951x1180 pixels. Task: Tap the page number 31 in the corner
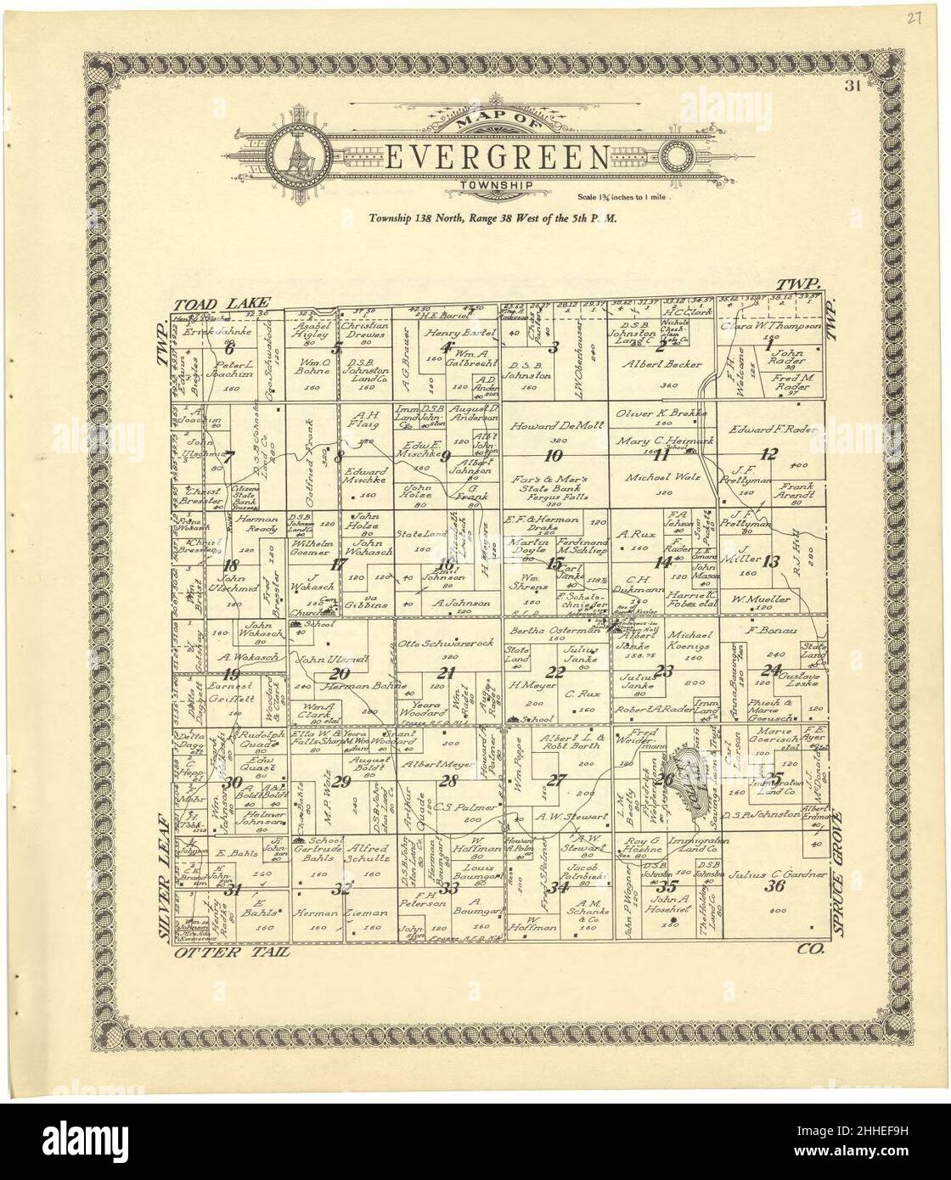pyautogui.click(x=853, y=84)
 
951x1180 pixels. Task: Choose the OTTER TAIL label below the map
pyautogui.click(x=231, y=953)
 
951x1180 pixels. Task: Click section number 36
pyautogui.click(x=774, y=887)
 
